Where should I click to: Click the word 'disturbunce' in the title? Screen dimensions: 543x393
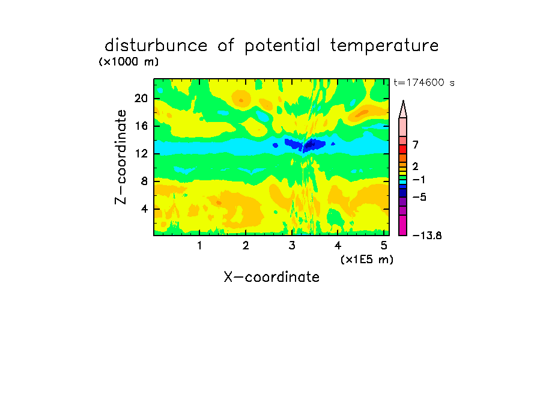click(156, 46)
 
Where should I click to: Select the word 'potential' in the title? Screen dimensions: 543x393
click(282, 46)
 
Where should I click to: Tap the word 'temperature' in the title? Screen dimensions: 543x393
click(384, 46)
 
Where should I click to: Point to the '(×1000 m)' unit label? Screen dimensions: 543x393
click(129, 62)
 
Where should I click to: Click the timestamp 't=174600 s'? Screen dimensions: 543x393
click(424, 82)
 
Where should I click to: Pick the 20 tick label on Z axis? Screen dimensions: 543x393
click(141, 99)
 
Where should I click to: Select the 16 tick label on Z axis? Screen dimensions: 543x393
click(141, 126)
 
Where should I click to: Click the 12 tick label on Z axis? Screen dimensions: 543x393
click(141, 153)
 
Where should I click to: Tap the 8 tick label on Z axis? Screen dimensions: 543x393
click(144, 181)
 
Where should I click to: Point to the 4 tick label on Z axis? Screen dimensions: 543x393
click(144, 209)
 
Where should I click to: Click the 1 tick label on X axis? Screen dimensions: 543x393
click(199, 246)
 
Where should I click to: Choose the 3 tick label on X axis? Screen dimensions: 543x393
click(292, 246)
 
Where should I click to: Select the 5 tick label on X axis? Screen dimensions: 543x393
click(384, 246)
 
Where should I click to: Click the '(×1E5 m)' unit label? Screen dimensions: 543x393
click(367, 260)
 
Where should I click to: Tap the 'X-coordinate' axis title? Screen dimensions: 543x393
click(271, 277)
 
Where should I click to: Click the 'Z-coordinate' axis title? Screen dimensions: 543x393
click(121, 157)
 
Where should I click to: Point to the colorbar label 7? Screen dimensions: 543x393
click(416, 145)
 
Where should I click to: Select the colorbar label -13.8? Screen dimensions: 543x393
click(427, 236)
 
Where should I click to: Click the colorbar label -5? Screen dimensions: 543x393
click(419, 198)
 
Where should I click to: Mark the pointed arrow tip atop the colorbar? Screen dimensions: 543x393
click(403, 101)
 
